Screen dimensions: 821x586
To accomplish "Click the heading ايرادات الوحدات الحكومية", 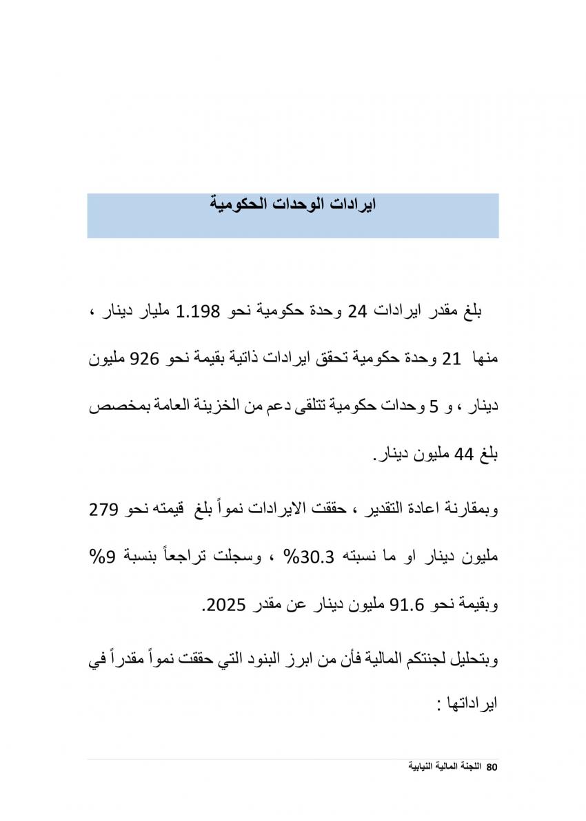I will click(x=293, y=205).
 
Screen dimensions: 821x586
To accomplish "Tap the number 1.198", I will click(x=198, y=312).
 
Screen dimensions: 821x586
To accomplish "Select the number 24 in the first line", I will click(x=358, y=312).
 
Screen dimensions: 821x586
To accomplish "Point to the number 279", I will click(x=103, y=510).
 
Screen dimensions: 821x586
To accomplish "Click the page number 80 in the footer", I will click(x=492, y=767).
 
